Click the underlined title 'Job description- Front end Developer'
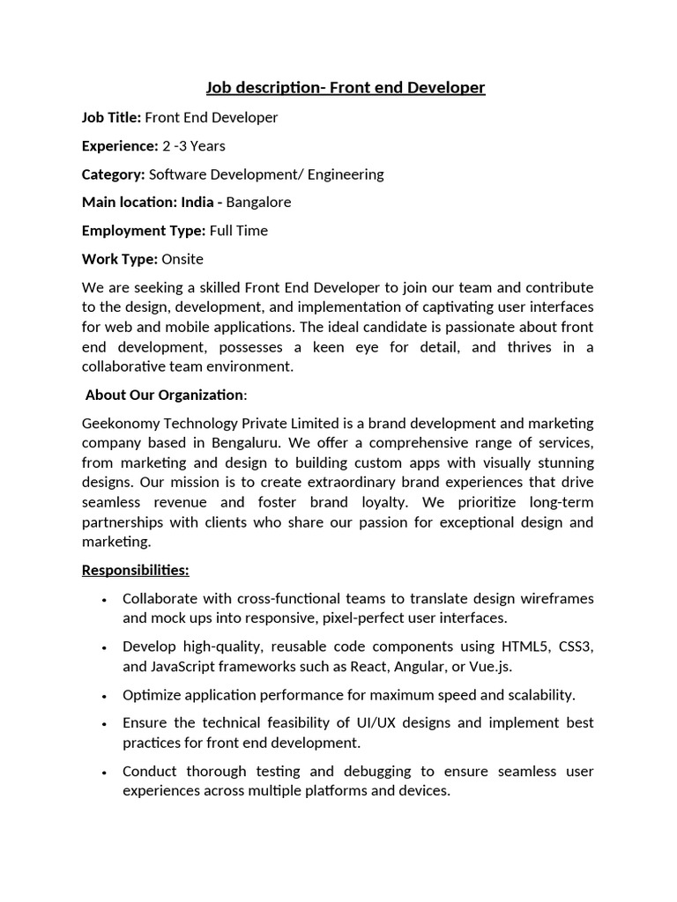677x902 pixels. (x=346, y=88)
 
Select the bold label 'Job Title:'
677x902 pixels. (x=111, y=117)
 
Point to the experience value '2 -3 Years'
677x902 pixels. (x=194, y=145)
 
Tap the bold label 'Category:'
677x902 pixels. (x=114, y=174)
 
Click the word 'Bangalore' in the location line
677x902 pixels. (x=258, y=202)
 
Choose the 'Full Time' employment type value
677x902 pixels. (x=239, y=231)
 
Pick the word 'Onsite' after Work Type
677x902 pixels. (x=182, y=259)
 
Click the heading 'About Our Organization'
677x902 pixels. (x=165, y=395)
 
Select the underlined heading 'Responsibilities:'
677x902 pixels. (x=136, y=570)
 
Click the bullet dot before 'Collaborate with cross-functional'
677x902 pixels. (x=105, y=599)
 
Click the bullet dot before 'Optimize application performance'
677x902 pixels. (x=105, y=696)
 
